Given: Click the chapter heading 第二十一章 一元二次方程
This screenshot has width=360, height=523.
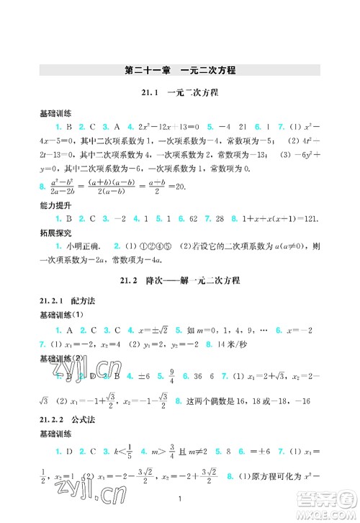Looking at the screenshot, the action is coord(180,71).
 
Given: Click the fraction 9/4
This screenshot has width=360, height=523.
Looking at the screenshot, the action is coord(154,375).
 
